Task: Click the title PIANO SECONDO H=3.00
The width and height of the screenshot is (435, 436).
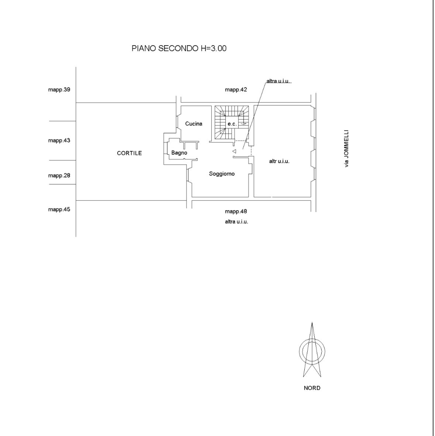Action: [x=179, y=48]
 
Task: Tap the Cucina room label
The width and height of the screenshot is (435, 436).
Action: [x=194, y=124]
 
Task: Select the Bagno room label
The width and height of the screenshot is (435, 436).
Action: [x=179, y=153]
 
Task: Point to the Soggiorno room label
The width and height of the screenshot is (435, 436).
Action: [x=222, y=174]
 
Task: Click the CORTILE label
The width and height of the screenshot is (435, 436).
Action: [x=129, y=153]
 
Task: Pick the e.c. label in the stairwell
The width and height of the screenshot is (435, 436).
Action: [x=232, y=124]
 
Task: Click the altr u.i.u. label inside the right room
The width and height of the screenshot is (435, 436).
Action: [x=279, y=161]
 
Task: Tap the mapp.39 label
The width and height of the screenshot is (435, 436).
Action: [x=59, y=90]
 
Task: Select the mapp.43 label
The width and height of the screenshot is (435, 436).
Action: [x=59, y=140]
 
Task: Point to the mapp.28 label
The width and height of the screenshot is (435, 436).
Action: [x=59, y=175]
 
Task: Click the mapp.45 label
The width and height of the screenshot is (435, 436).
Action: [x=59, y=210]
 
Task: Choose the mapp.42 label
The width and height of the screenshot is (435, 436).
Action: [x=236, y=90]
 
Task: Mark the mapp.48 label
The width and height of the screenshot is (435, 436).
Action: [x=236, y=212]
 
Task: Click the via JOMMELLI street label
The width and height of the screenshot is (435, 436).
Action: [x=346, y=148]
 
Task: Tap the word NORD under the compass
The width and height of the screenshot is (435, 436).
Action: [x=312, y=388]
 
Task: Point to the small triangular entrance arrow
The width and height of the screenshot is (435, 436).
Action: [x=234, y=151]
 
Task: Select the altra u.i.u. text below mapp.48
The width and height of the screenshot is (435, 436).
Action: [x=237, y=222]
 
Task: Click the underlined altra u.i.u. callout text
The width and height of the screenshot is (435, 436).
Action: [x=278, y=81]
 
